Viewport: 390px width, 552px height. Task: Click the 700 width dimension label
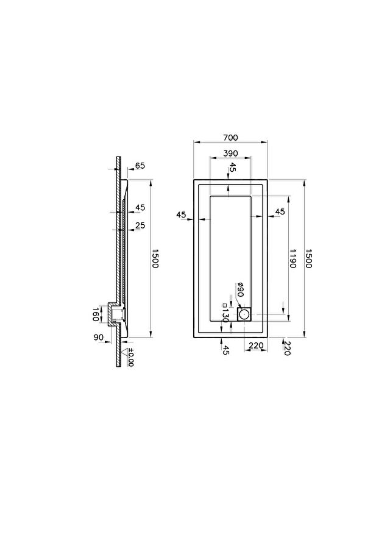pyautogui.click(x=230, y=138)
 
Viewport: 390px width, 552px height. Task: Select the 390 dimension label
pyautogui.click(x=230, y=154)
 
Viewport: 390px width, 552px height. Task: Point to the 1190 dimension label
pyautogui.click(x=292, y=258)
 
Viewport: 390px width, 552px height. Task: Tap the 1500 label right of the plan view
pyautogui.click(x=308, y=258)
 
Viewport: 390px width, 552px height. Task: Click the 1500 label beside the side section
pyautogui.click(x=155, y=258)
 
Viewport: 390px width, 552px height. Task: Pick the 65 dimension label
pyautogui.click(x=140, y=166)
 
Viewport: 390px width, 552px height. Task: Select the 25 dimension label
pyautogui.click(x=140, y=225)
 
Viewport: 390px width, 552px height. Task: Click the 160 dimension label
pyautogui.click(x=95, y=314)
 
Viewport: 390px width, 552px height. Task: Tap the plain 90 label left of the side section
pyautogui.click(x=99, y=338)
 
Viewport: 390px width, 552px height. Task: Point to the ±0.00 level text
pyautogui.click(x=130, y=357)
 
